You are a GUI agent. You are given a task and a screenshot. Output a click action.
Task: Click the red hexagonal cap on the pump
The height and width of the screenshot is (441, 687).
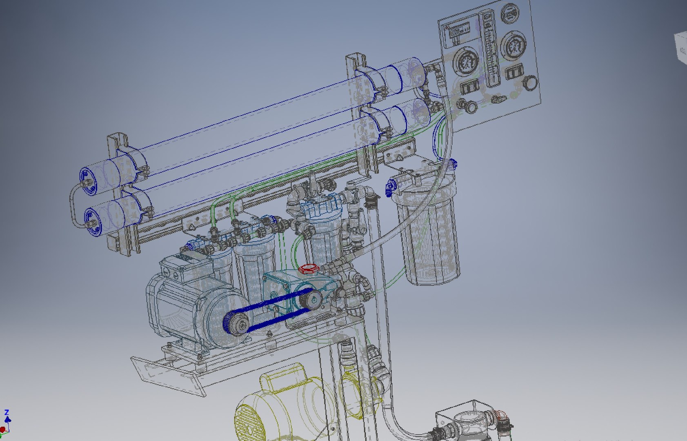306,269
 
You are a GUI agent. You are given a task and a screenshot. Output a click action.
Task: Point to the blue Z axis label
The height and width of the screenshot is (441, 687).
7,413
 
